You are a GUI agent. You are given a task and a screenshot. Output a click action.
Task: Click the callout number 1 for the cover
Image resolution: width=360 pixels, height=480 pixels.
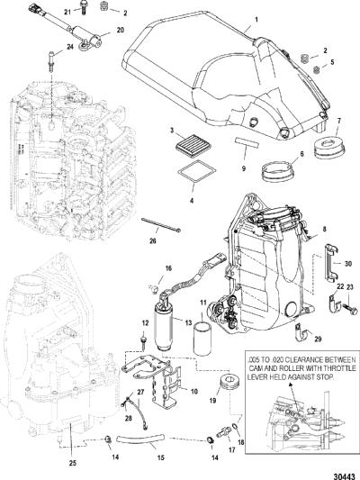point(256,19)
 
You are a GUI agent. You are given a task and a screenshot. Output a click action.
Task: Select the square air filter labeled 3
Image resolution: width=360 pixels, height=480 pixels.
point(191,142)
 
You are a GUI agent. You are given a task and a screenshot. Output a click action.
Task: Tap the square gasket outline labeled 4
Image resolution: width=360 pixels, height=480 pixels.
point(197,172)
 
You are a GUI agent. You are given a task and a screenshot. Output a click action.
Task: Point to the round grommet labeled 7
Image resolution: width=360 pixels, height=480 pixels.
point(329,147)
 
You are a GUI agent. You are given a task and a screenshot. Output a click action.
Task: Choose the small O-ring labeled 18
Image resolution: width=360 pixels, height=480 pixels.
point(236,426)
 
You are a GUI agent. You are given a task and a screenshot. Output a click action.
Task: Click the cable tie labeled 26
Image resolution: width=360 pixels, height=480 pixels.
point(161,225)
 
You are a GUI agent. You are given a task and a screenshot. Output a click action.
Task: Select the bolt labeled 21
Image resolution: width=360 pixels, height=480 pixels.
point(83,6)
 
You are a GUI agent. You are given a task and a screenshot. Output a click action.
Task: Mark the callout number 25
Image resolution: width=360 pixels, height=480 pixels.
point(73,463)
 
